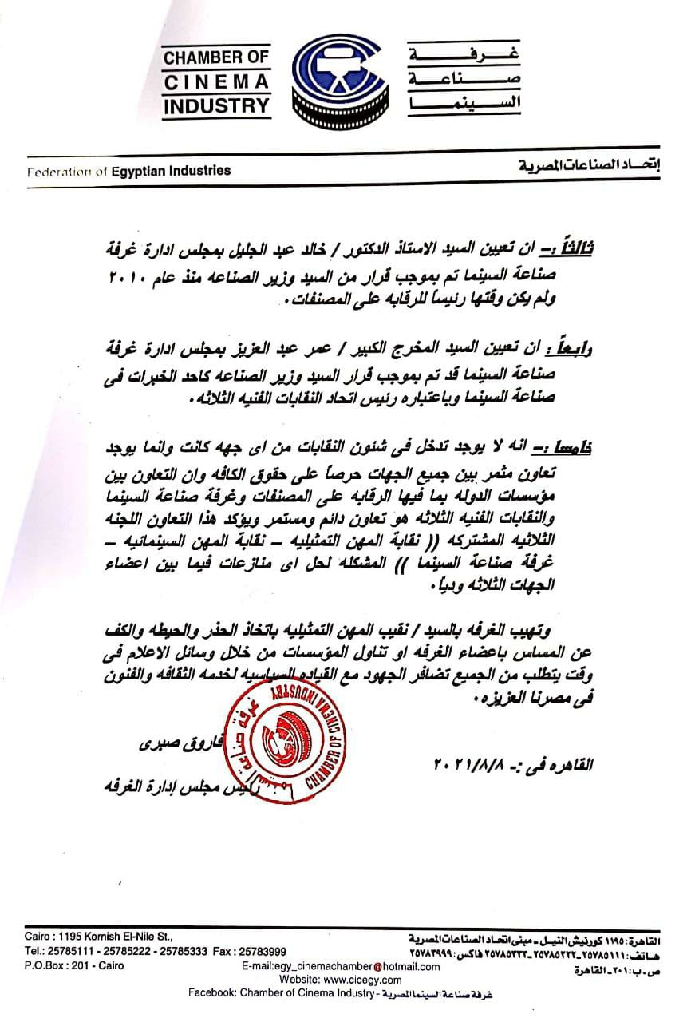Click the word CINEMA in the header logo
tap(217, 81)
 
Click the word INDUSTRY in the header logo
tap(217, 105)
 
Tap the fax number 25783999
tap(261, 952)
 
